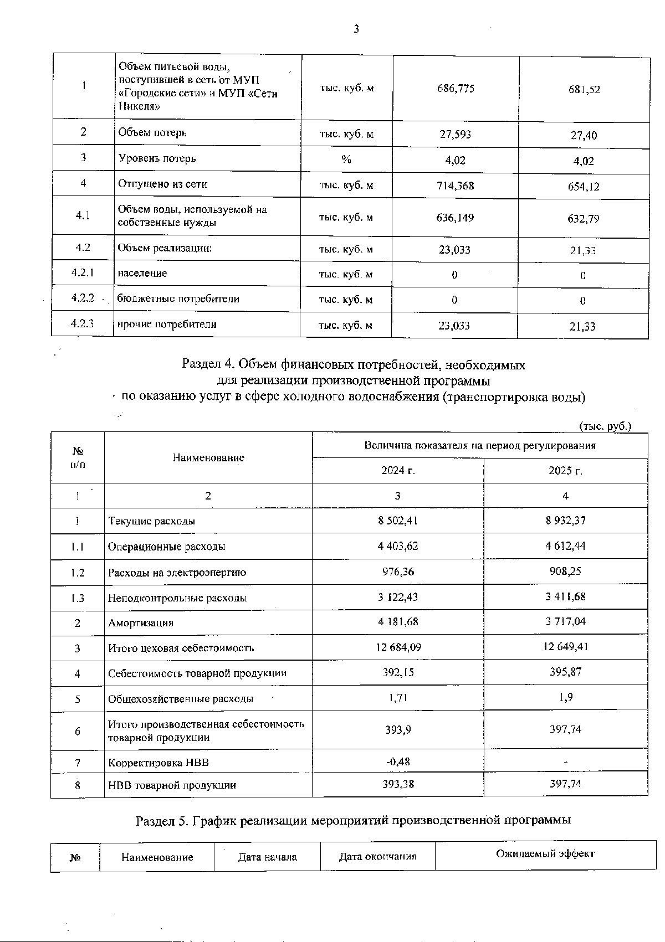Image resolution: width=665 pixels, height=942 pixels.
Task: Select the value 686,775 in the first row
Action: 456,89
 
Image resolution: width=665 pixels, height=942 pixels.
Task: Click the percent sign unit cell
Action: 346,159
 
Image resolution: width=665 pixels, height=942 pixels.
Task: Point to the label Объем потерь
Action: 152,133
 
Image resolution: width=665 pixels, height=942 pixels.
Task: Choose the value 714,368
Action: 456,186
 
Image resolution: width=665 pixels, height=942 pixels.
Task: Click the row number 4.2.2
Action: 83,298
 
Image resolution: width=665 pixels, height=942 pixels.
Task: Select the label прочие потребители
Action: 167,325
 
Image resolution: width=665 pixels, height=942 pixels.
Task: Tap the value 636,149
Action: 456,218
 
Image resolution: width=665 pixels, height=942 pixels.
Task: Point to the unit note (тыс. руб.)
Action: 605,426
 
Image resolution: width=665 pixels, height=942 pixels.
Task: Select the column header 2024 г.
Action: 398,471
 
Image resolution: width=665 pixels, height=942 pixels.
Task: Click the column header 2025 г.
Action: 565,471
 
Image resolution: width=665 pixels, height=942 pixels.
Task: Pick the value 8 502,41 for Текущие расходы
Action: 398,521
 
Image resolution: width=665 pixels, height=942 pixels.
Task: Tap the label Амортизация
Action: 141,623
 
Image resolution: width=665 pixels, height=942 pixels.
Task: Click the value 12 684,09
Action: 398,647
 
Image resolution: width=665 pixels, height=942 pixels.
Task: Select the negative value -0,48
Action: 398,761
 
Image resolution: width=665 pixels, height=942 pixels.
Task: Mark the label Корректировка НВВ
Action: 158,763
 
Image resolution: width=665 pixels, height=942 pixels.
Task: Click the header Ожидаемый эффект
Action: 545,853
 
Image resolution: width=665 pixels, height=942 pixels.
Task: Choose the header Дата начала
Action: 267,857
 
